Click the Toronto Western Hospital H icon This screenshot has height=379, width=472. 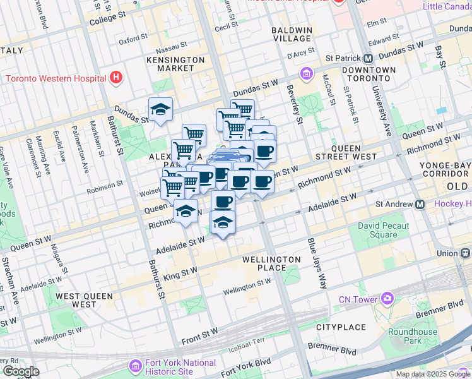click(x=115, y=78)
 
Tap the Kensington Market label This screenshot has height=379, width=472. click(x=175, y=64)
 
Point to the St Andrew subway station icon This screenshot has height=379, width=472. click(x=420, y=204)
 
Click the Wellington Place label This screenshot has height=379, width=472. click(x=272, y=264)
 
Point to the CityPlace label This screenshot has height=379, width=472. click(x=341, y=327)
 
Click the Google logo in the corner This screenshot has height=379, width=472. click(x=20, y=371)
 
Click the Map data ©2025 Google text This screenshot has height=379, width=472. click(x=433, y=374)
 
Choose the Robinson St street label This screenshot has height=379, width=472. click(x=104, y=186)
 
